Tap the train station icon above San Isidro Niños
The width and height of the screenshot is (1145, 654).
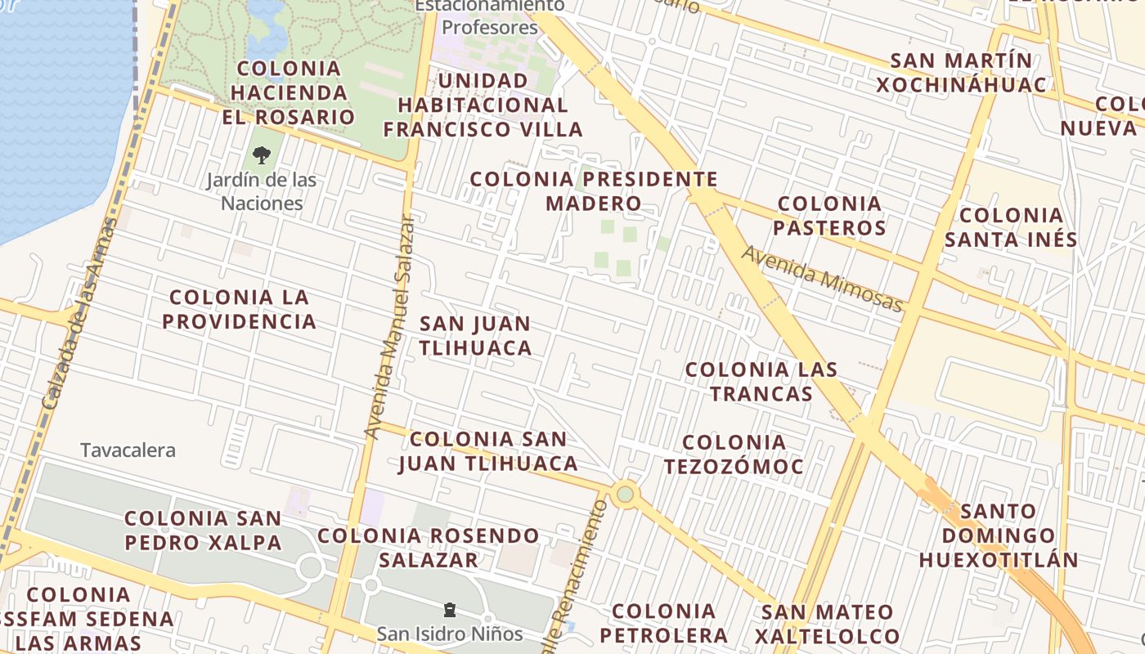coord(449,609)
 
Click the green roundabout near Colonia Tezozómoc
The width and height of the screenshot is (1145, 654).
coord(625,494)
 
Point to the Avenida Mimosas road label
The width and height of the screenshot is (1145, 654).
coord(822,279)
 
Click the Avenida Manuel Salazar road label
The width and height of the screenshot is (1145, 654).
coord(389,327)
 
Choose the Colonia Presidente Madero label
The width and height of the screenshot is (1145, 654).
coord(594,190)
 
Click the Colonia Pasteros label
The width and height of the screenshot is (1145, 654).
coord(829,215)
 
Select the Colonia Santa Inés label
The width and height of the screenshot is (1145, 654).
coord(1011,227)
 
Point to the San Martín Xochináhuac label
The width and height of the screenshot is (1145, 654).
coord(961,73)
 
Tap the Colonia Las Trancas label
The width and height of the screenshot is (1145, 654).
coord(761,381)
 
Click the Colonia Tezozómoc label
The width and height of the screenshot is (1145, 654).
coord(734,454)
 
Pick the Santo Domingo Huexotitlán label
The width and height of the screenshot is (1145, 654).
coord(998,535)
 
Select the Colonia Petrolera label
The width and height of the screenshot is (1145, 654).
coord(663,623)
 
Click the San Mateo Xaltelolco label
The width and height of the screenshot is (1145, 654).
coord(827,624)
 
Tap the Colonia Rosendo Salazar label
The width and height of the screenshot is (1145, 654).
coord(429,548)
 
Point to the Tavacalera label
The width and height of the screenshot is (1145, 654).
coord(128,450)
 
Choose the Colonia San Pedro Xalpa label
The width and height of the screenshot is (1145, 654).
coord(203,530)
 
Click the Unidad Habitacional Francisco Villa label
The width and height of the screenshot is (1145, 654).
coord(483,105)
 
